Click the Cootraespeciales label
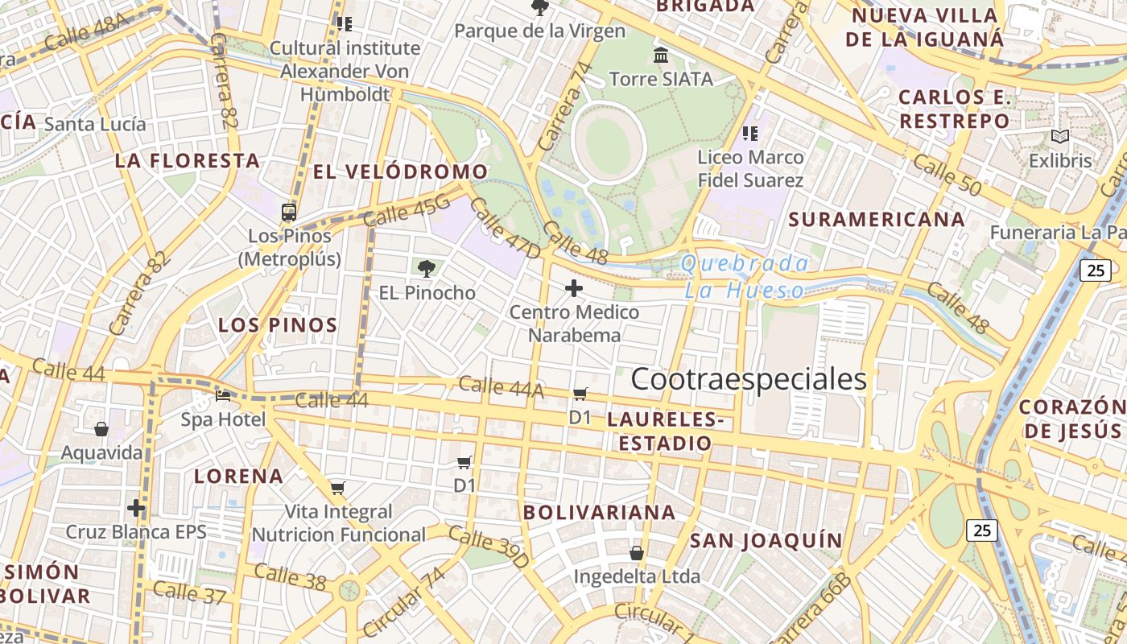749,379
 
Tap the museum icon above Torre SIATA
661,56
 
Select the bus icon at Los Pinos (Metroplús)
289,213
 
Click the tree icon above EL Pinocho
427,268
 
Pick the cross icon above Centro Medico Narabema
574,288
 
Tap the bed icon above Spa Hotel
223,396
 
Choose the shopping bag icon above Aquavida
101,429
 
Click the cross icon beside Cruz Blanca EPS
136,508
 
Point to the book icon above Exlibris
1060,138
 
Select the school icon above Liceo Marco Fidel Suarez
750,134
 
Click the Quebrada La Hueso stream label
745,276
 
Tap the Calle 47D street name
505,229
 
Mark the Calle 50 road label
947,175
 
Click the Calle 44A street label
501,387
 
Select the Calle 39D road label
489,547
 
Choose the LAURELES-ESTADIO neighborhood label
661,431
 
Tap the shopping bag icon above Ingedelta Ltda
637,553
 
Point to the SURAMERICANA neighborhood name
877,219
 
